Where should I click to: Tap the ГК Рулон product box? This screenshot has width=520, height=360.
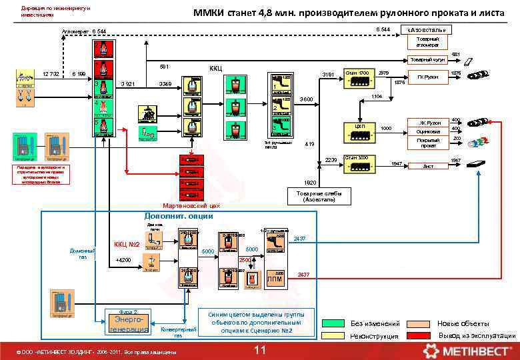[x=427, y=77]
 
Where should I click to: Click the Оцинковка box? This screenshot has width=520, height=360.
[x=427, y=132]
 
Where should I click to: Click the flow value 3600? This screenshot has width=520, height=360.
[x=306, y=99]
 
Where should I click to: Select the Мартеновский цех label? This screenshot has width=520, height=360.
[x=191, y=206]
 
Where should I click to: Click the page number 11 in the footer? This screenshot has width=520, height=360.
[x=260, y=351]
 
